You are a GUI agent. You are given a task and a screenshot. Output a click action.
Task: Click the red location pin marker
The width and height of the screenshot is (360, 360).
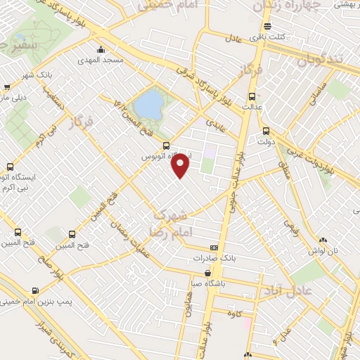pos(181,164)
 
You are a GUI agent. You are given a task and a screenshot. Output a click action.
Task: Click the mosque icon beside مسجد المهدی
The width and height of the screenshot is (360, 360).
pos(103,49)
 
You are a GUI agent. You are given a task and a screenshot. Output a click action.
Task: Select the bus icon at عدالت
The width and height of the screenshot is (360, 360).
pos(251,97)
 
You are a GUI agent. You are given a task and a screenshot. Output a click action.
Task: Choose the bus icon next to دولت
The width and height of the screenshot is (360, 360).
pos(265,130)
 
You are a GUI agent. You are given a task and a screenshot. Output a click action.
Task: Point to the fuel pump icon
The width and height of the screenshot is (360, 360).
pos(35,290)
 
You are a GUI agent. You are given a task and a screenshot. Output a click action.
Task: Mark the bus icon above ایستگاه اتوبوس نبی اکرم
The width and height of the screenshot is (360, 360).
pos(9,167)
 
